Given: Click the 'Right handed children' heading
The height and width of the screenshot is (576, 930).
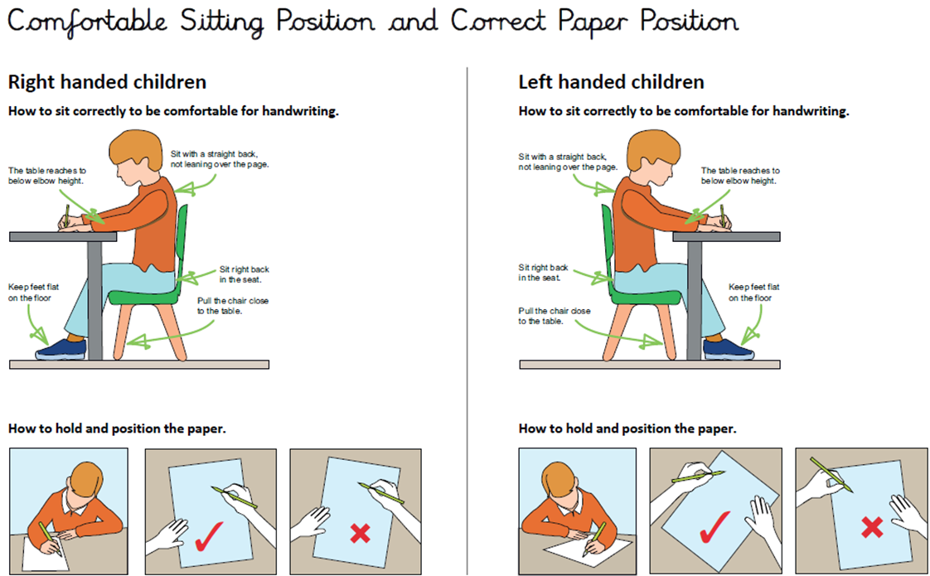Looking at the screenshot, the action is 108,82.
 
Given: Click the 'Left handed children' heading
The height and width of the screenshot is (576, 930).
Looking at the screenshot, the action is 612,82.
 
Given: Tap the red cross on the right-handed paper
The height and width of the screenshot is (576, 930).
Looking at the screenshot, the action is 360,533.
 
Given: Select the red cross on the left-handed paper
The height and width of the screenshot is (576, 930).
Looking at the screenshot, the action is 872,527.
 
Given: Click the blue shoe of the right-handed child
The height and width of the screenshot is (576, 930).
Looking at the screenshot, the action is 61,349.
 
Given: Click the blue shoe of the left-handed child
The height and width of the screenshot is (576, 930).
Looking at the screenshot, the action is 729,349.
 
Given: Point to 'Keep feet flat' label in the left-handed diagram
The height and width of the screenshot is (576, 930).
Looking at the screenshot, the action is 753,287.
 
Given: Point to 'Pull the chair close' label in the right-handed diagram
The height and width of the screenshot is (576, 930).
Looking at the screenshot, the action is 232,301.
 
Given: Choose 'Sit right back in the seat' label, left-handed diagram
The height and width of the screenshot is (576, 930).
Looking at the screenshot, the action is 543,273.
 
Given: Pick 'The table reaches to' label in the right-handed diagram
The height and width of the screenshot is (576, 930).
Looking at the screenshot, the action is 47,171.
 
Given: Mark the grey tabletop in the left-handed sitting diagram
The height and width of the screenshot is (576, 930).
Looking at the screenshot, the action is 726,237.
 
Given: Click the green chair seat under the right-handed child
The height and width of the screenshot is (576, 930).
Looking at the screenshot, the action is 143,296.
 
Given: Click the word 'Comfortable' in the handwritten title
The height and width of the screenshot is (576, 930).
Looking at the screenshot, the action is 87,22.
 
